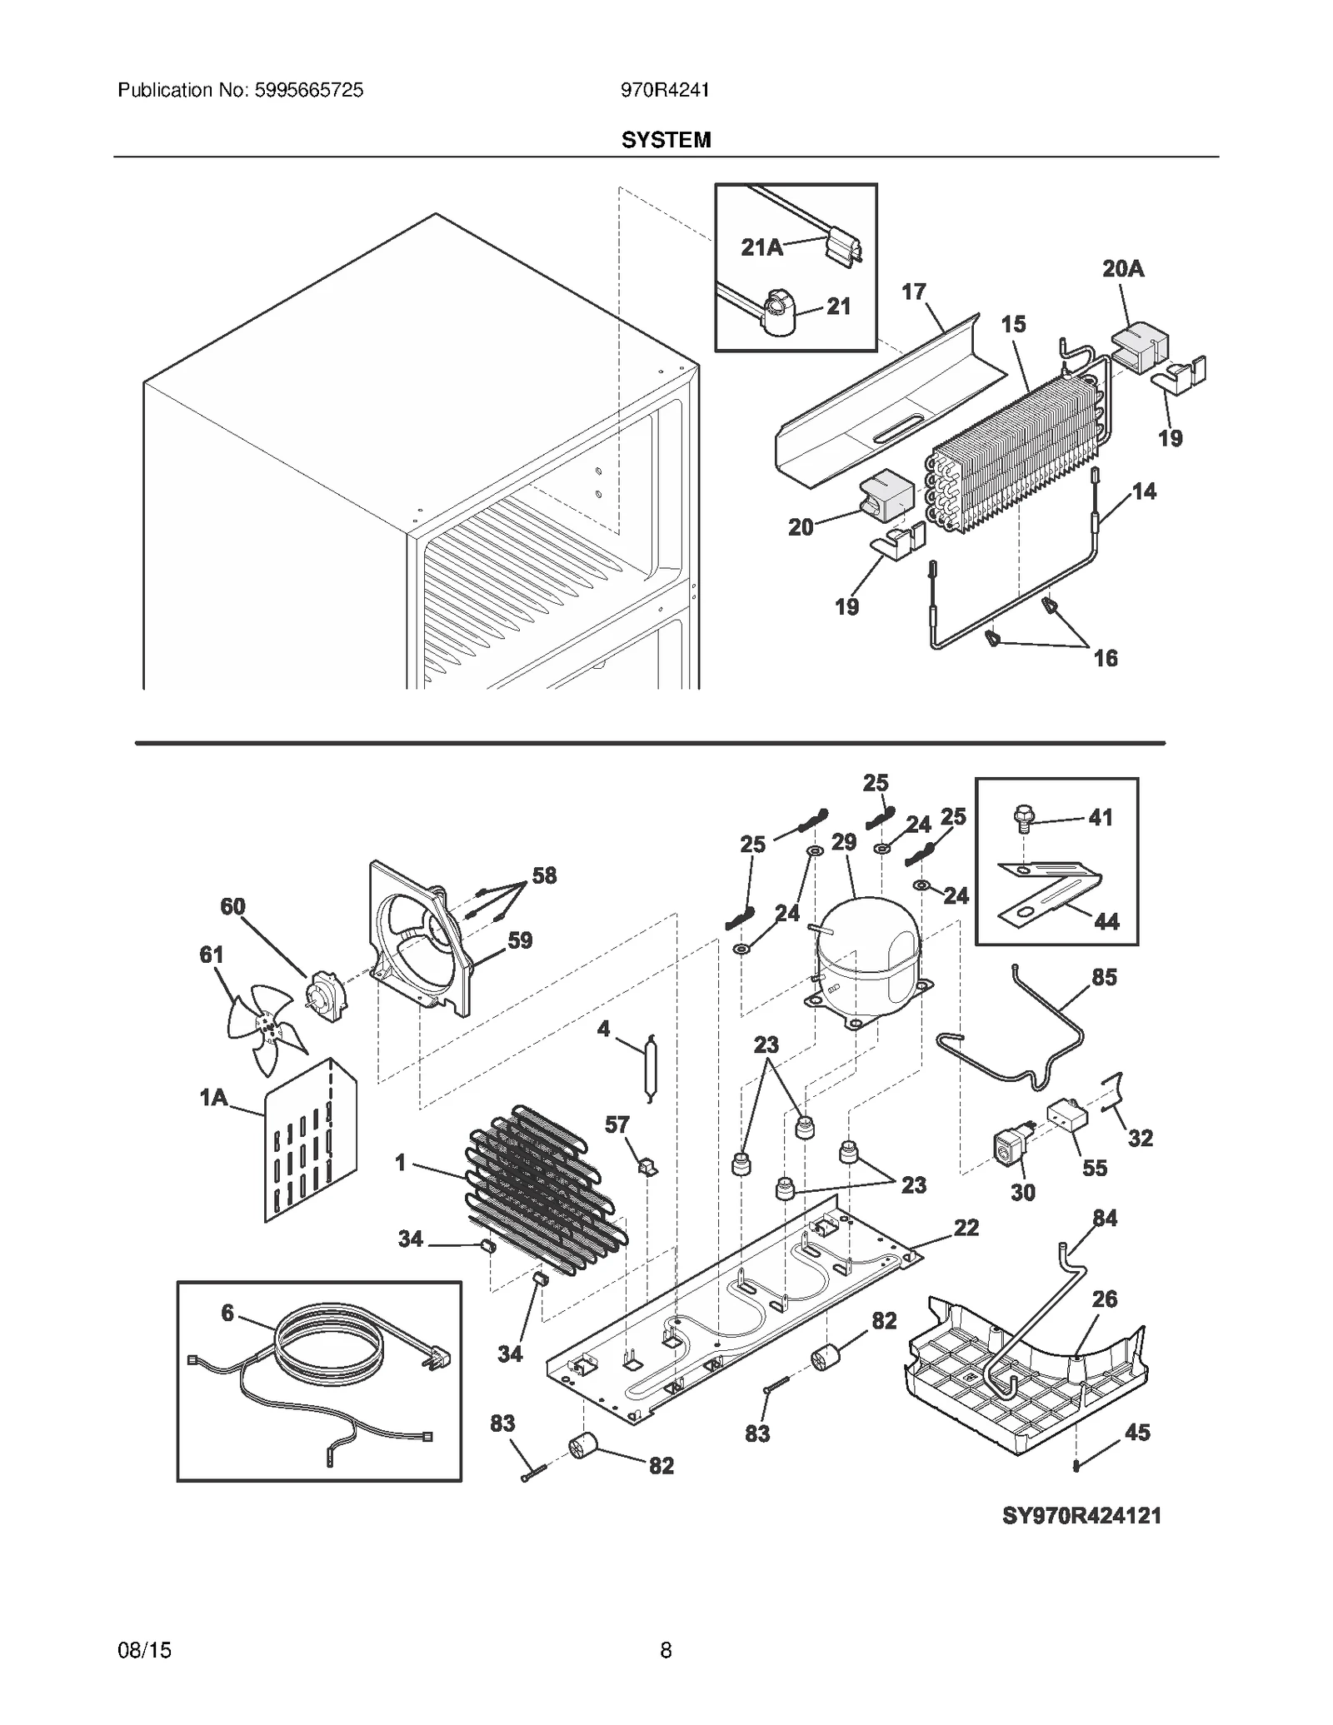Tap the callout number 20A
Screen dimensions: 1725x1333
tap(1122, 269)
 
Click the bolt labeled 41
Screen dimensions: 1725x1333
tap(1023, 820)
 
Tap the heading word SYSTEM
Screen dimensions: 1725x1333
tap(666, 140)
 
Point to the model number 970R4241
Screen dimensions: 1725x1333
tap(665, 90)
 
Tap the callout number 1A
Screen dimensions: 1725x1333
tap(214, 1098)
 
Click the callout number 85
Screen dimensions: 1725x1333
tap(1104, 977)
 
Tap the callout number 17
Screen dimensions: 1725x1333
tap(913, 292)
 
